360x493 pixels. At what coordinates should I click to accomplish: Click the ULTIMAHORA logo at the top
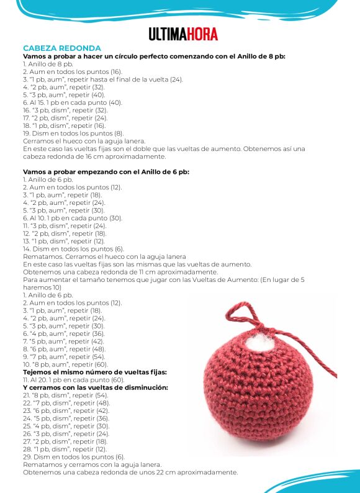click(x=183, y=34)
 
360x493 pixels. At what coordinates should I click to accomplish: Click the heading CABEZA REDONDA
click(x=61, y=48)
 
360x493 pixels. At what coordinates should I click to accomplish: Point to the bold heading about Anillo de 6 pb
click(x=106, y=171)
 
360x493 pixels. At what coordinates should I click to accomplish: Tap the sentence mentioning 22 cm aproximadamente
click(x=130, y=472)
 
